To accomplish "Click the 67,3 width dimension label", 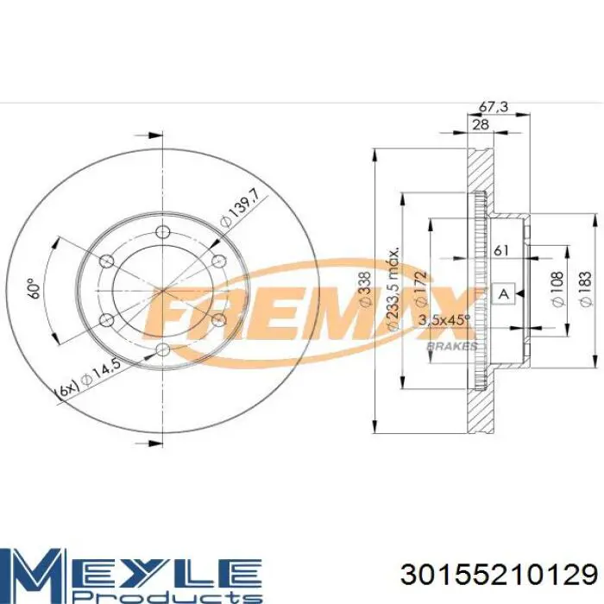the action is point(494,107).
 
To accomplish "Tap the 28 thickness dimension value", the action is point(481,124).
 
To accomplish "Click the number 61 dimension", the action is point(500,251).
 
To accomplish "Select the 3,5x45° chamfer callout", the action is point(444,320).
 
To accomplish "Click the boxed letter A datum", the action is point(503,294).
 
